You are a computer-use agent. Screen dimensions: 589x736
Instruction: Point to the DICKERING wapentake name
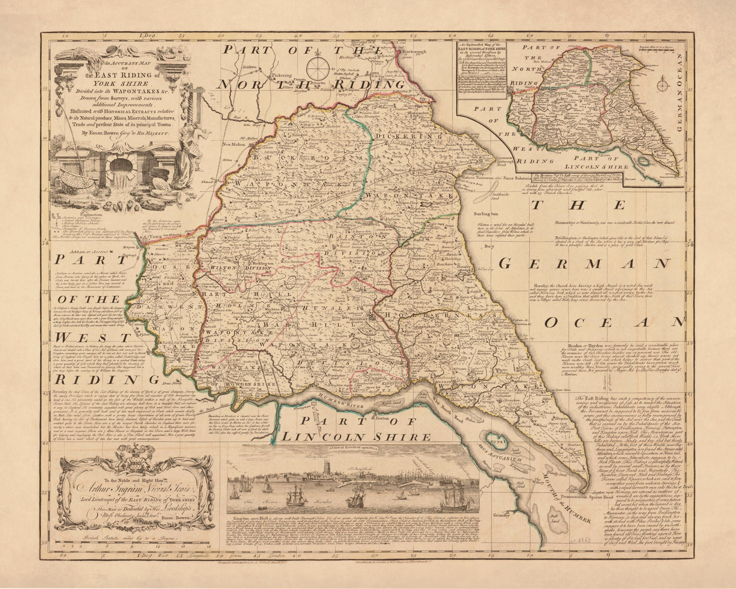(x=408, y=137)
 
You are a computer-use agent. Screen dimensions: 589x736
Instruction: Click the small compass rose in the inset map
(x=663, y=82)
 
